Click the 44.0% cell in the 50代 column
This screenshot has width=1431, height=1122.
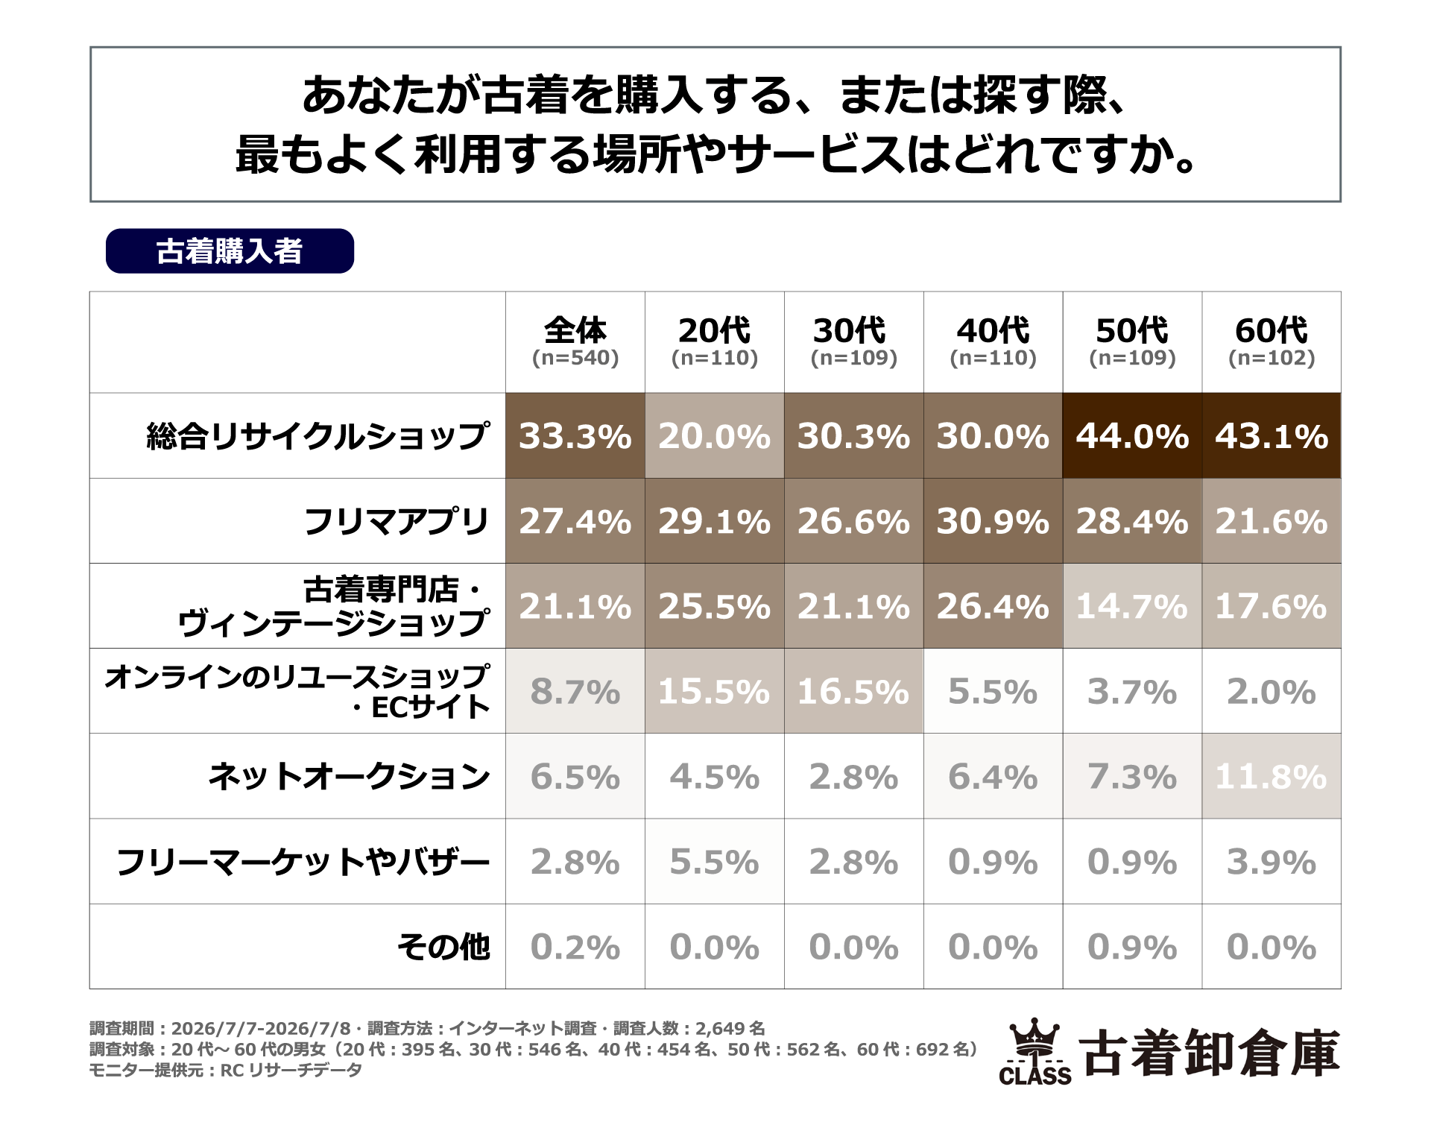click(1132, 436)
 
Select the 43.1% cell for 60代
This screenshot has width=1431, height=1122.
click(1272, 436)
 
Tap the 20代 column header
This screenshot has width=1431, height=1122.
click(715, 342)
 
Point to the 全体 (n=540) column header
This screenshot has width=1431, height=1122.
click(575, 342)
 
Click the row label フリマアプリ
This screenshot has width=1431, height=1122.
click(397, 521)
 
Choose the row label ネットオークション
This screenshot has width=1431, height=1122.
click(349, 776)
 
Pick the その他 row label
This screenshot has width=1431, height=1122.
click(443, 947)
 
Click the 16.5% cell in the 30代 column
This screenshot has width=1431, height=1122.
click(854, 691)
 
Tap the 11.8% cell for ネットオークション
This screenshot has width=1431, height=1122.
click(1272, 776)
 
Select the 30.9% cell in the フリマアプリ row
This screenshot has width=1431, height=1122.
click(994, 521)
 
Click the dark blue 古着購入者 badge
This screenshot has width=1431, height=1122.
click(230, 251)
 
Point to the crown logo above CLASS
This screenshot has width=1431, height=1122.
click(1034, 1039)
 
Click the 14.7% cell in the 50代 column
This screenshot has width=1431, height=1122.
click(1132, 606)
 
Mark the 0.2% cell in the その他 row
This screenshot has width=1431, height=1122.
click(575, 947)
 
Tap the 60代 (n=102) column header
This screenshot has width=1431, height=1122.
click(1272, 342)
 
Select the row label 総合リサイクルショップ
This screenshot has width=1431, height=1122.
click(318, 436)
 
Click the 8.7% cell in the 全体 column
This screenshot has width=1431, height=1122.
click(575, 691)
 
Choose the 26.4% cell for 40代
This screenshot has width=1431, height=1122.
click(994, 606)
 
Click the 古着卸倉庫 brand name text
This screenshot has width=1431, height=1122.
click(1209, 1053)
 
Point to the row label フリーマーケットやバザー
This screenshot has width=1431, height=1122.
click(303, 862)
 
